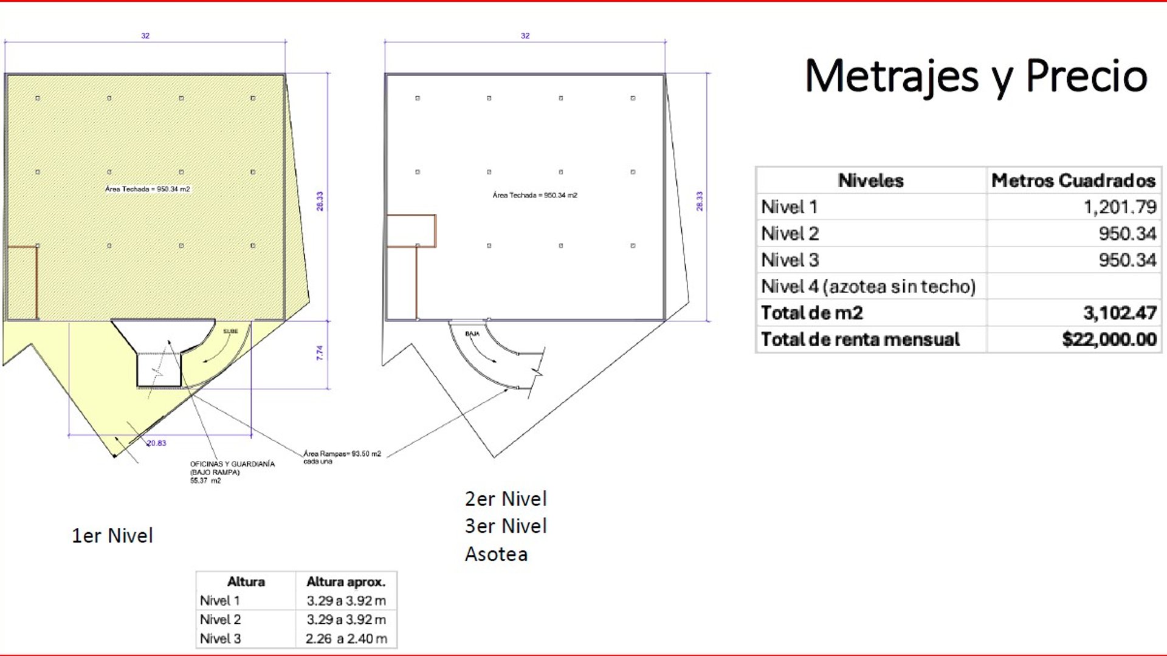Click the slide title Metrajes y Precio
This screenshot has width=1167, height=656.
[x=976, y=77]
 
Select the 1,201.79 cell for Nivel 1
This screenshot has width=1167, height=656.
[x=1120, y=207]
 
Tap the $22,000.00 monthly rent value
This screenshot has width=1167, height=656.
[x=1109, y=339]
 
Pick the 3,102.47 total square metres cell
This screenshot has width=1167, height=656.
[x=1120, y=313]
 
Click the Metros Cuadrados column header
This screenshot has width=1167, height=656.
[x=1073, y=180]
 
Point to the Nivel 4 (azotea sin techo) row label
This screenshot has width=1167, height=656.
[x=868, y=286]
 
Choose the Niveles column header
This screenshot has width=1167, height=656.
[x=870, y=180]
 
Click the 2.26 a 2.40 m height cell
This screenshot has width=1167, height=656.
[x=346, y=638]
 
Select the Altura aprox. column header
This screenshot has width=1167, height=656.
[x=346, y=582]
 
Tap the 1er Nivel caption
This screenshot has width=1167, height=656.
[x=112, y=536]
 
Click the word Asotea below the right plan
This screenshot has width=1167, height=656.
[x=496, y=554]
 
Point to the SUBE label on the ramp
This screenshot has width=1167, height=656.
[x=230, y=332]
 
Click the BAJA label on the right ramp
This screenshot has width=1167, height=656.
[x=472, y=334]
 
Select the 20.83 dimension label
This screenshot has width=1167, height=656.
[x=157, y=443]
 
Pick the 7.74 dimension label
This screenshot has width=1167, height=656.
[x=320, y=353]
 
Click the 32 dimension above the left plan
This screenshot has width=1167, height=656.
[x=145, y=36]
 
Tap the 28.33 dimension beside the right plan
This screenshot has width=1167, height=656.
[x=700, y=201]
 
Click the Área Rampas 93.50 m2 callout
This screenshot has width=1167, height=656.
[x=342, y=457]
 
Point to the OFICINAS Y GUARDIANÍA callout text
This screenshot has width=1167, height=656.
[x=232, y=472]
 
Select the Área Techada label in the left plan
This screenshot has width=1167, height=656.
[x=148, y=189]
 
